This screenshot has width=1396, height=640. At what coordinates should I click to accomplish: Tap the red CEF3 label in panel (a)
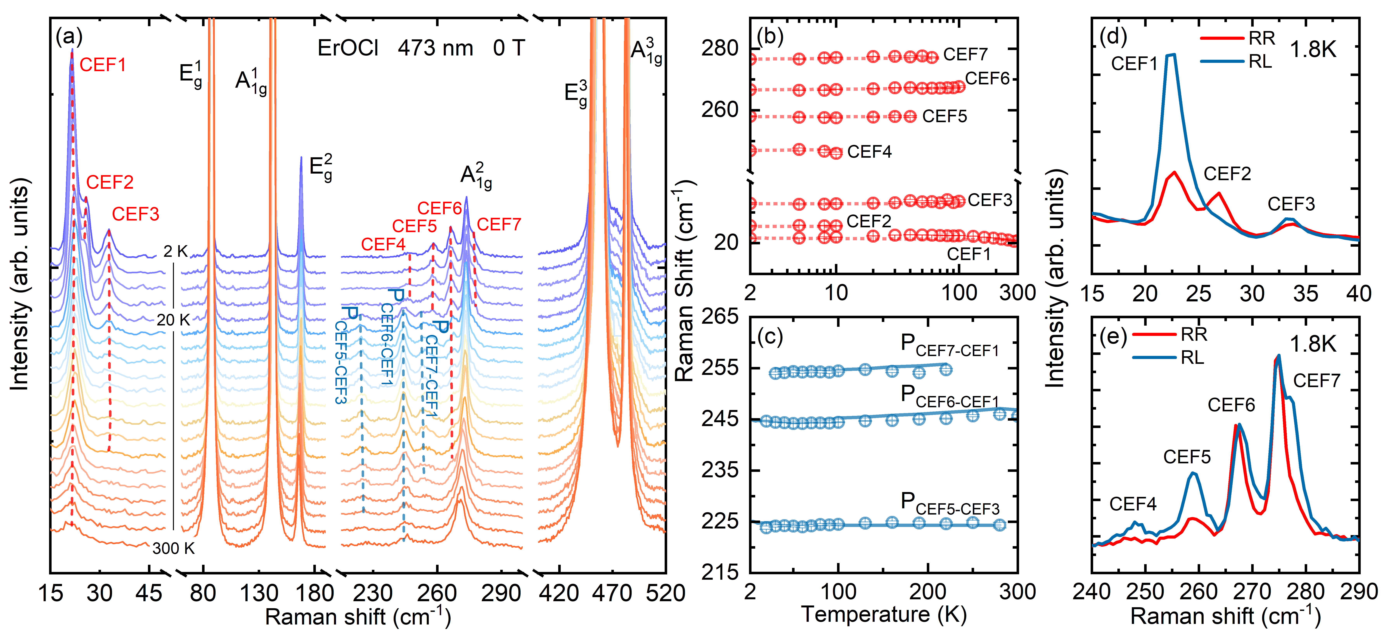[x=136, y=214]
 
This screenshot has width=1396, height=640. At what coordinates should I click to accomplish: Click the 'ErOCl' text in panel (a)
[x=347, y=48]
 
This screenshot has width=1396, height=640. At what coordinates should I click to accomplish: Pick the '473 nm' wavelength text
[x=435, y=48]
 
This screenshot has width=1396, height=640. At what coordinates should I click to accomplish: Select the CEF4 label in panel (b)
[x=869, y=152]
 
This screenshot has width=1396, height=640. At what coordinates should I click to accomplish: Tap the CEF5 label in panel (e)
[x=1187, y=457]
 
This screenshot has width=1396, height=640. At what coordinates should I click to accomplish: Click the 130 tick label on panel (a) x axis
[x=259, y=593]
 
